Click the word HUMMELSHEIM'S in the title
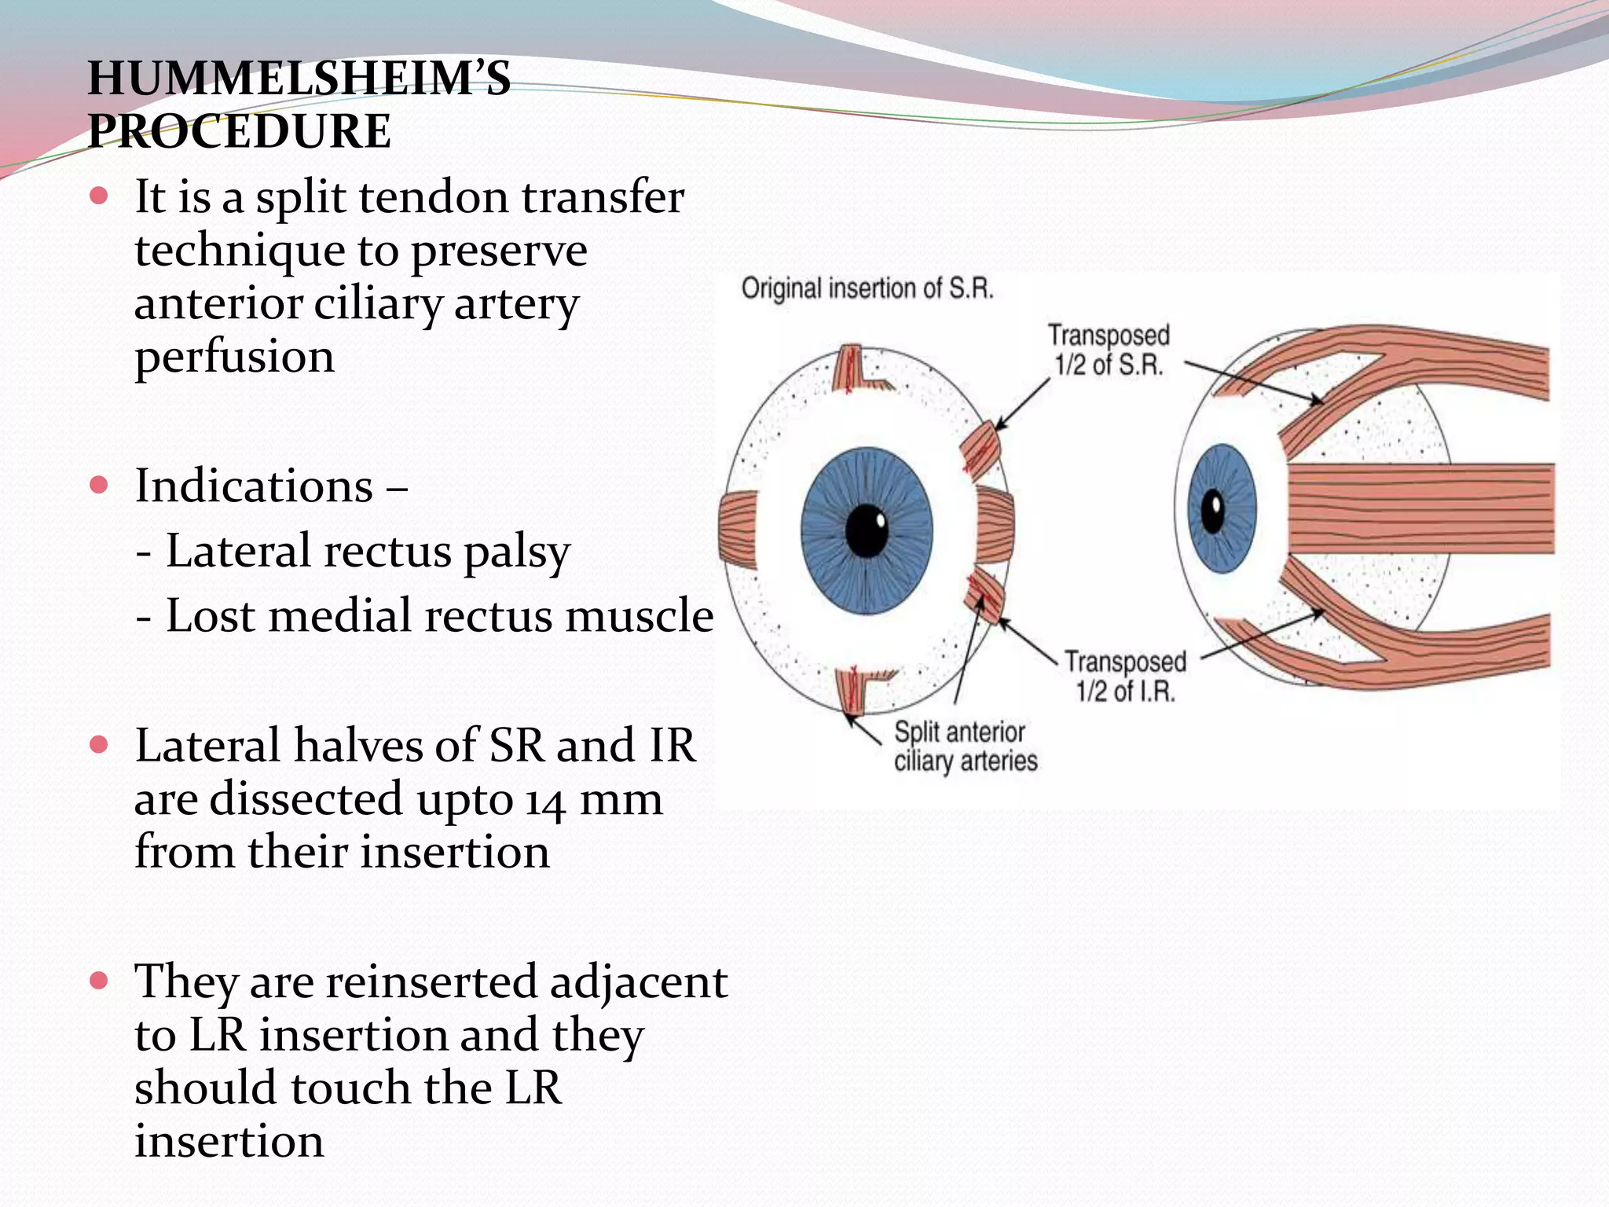[x=299, y=79]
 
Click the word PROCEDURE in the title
[x=240, y=131]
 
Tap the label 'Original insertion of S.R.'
[x=867, y=288]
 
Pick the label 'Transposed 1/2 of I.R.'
[x=1125, y=677]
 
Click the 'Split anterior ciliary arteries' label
[x=966, y=747]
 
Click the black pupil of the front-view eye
[x=866, y=532]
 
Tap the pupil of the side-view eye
[x=1214, y=512]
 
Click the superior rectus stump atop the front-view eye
[x=850, y=369]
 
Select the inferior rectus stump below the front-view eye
[x=851, y=690]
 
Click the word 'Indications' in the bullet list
[x=253, y=486]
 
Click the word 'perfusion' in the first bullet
[x=234, y=357]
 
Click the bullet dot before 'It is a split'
[x=98, y=196]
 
